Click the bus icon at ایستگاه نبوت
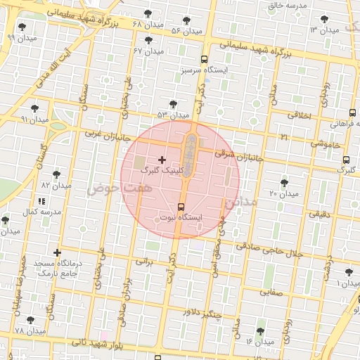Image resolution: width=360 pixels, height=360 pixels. (x=182, y=207)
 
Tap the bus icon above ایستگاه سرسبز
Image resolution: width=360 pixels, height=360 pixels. (x=203, y=60)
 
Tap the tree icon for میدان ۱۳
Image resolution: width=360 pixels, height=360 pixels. (x=323, y=20)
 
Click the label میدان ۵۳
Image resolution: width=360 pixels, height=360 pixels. (x=173, y=115)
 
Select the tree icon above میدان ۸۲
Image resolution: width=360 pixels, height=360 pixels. (x=56, y=174)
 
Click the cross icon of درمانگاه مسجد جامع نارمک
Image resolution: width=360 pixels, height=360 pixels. (x=57, y=252)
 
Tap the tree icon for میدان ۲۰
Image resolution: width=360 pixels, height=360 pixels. (x=284, y=183)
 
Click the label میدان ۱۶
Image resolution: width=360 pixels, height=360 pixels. (x=259, y=342)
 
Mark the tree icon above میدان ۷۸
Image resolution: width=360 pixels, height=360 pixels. (x=30, y=320)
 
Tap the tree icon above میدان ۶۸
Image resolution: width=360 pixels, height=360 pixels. (x=147, y=13)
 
